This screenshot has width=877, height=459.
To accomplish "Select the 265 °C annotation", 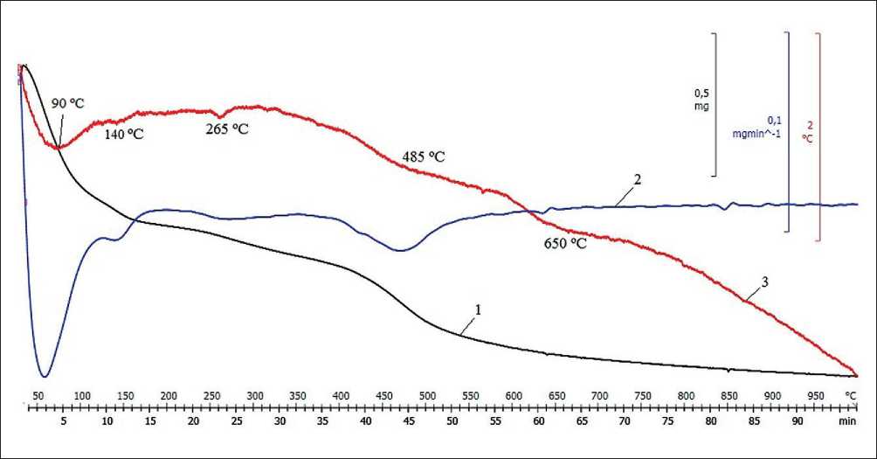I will click(x=229, y=129).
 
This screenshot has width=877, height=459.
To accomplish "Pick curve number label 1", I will click(x=478, y=311).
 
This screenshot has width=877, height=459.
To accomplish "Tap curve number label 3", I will click(x=764, y=282).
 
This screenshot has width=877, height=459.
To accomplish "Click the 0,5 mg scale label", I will click(x=701, y=99).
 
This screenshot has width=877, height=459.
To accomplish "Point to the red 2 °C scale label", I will click(x=807, y=131).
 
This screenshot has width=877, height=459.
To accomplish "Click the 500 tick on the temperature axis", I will click(x=427, y=395).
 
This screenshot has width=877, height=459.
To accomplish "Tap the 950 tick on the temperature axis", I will click(x=814, y=395).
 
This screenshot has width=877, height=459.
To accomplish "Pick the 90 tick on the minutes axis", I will click(x=797, y=421).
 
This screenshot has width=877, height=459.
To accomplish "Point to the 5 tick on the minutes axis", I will click(x=64, y=421).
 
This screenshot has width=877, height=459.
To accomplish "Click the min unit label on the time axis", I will click(x=846, y=421).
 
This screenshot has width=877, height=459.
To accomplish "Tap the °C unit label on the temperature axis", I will click(x=851, y=395).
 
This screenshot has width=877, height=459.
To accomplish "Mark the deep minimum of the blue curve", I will click(x=44, y=375).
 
